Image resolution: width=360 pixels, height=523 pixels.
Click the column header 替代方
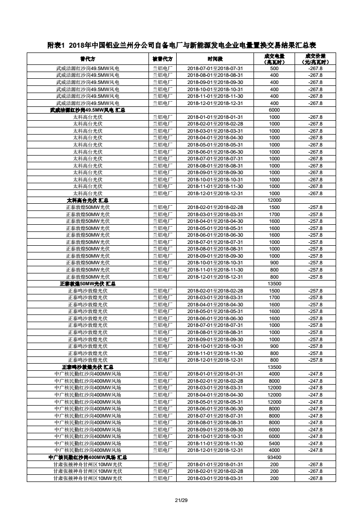point(87,59)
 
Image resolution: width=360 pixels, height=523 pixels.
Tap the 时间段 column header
point(215,59)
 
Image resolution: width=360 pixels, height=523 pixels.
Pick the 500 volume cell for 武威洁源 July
point(274,68)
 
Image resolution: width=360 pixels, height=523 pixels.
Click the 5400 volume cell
point(274,443)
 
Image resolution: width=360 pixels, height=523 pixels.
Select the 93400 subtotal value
point(274,457)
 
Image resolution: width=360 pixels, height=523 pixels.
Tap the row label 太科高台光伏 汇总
point(87,200)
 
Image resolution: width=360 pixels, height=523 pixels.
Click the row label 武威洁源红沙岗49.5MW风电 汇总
point(87,110)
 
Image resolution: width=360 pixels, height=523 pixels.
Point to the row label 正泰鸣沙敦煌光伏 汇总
point(87,367)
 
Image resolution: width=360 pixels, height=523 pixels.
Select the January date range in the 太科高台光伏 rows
point(215,117)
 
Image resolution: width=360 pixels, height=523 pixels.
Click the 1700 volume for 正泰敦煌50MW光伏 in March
point(274,214)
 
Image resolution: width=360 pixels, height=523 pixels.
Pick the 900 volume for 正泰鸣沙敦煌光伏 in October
point(274,346)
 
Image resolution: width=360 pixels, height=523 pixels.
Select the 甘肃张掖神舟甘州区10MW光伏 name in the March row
point(87,478)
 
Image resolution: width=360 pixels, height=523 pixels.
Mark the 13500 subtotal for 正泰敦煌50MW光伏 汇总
point(274,283)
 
